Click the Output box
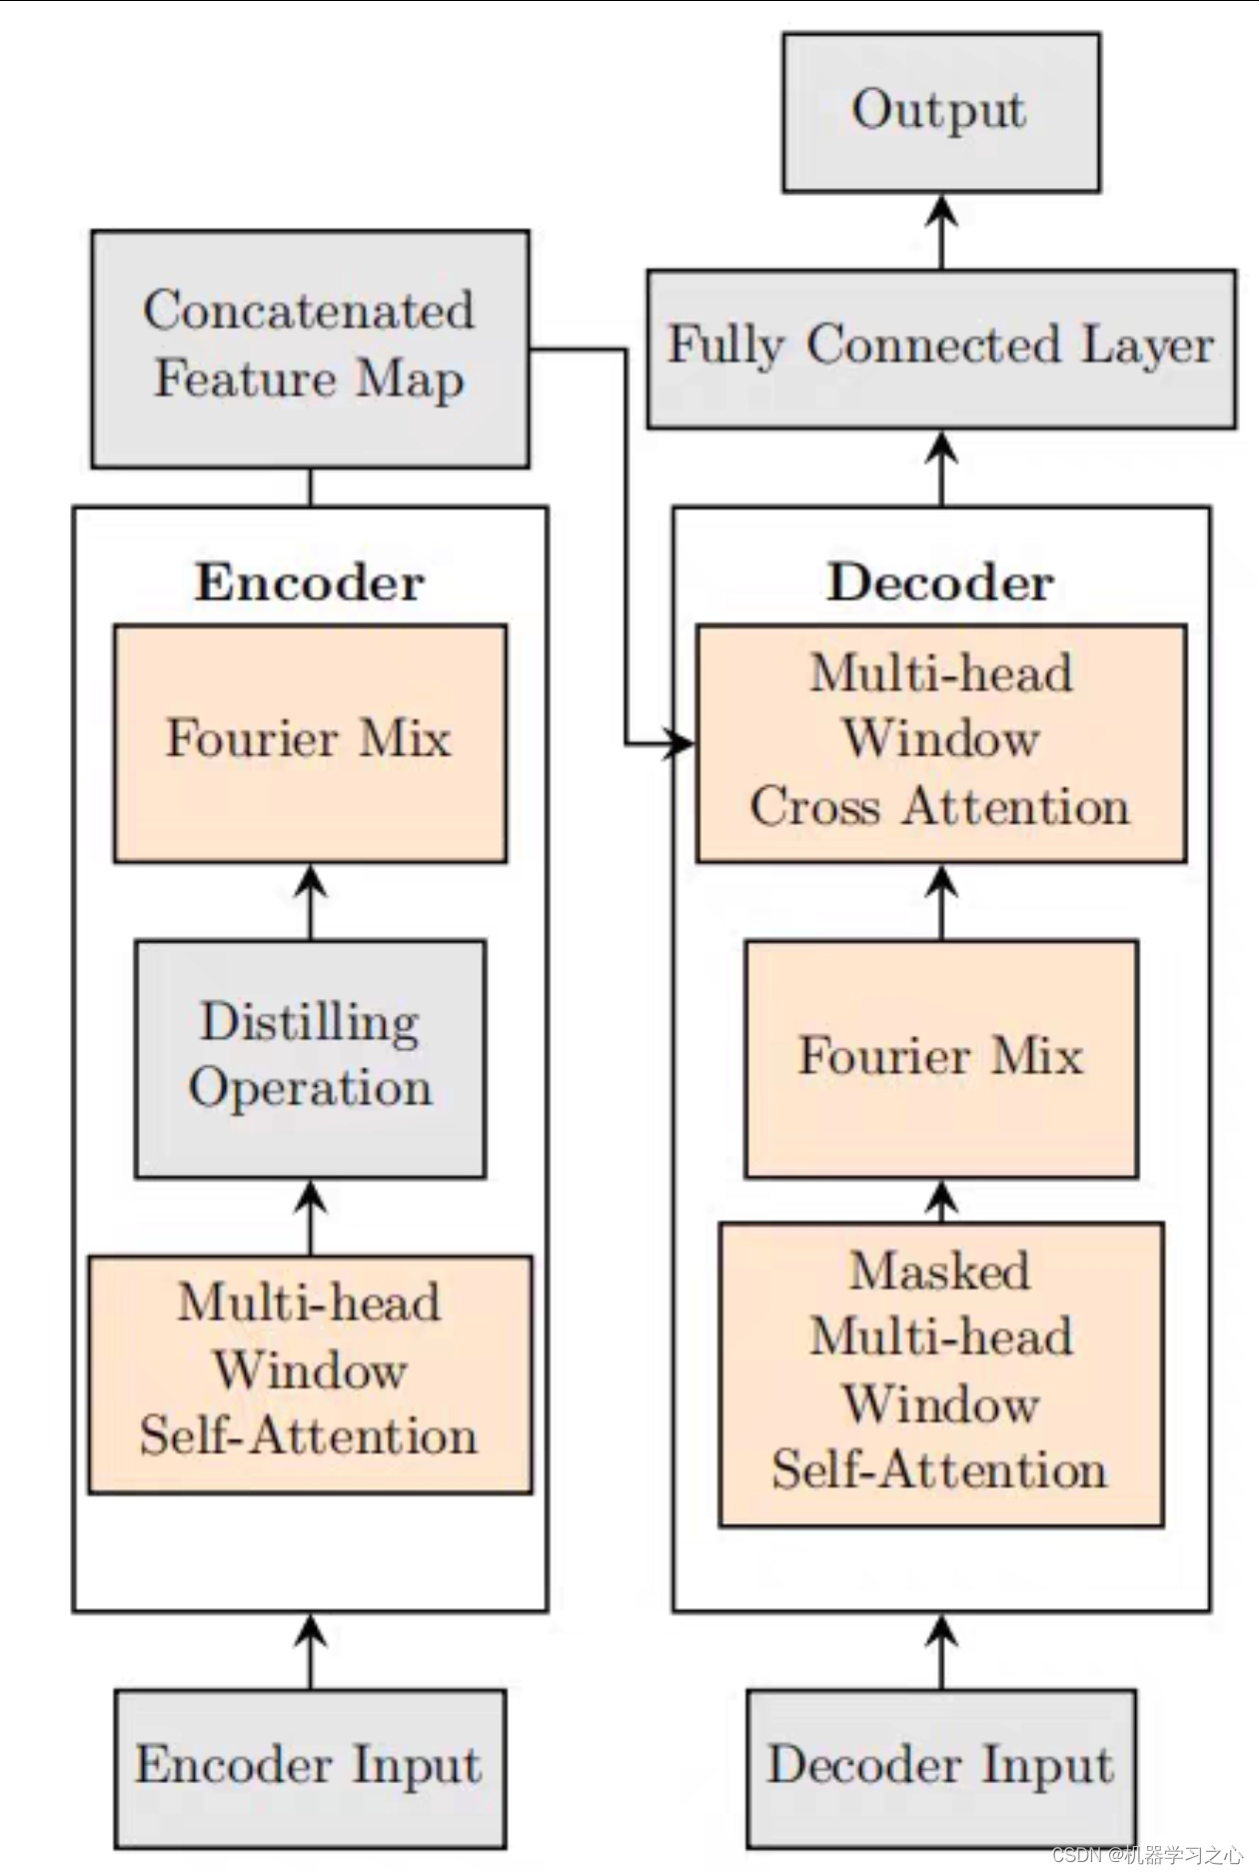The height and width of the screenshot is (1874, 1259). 941,112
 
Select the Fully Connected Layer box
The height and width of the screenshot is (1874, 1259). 941,349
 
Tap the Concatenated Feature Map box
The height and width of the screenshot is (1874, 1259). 310,349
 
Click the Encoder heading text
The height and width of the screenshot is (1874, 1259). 310,582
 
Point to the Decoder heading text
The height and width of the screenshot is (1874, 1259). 941,582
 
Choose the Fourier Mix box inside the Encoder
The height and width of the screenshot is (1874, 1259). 310,743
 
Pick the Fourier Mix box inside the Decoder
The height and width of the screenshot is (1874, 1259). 941,1059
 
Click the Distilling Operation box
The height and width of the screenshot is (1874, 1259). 310,1059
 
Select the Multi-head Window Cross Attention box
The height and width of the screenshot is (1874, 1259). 941,743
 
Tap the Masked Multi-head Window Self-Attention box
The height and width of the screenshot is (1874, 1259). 941,1375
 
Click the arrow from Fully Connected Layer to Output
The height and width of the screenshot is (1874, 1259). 941,231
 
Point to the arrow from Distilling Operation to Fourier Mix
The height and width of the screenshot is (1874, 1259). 310,902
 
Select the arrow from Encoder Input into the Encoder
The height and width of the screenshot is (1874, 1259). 310,1651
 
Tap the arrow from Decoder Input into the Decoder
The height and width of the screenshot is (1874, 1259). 941,1651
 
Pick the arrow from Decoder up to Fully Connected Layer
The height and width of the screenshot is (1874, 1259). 941,468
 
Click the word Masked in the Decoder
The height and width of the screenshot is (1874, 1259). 940,1272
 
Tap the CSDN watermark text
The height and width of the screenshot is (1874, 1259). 1147,1855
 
